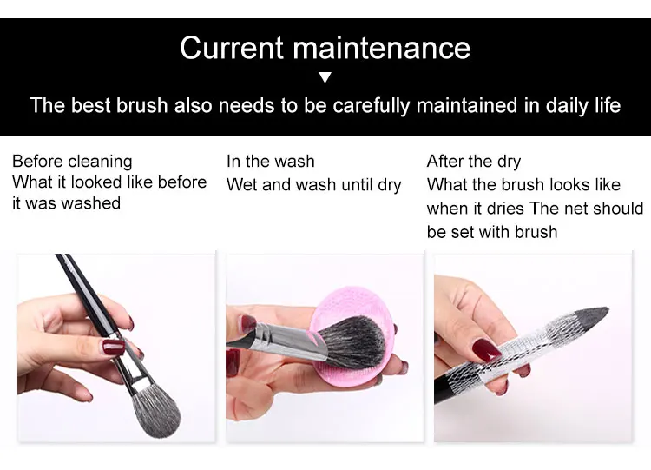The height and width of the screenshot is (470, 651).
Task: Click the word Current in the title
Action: point(232,48)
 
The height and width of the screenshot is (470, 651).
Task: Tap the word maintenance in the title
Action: point(382,48)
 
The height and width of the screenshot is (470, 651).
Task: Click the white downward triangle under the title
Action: point(325,77)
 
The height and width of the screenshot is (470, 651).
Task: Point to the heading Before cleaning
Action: point(72,162)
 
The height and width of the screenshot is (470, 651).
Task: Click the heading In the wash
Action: point(270,162)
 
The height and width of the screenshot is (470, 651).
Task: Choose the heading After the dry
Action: point(474,162)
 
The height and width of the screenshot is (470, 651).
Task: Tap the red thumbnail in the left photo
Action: point(114,347)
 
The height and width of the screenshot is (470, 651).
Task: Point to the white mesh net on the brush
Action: point(511,350)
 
